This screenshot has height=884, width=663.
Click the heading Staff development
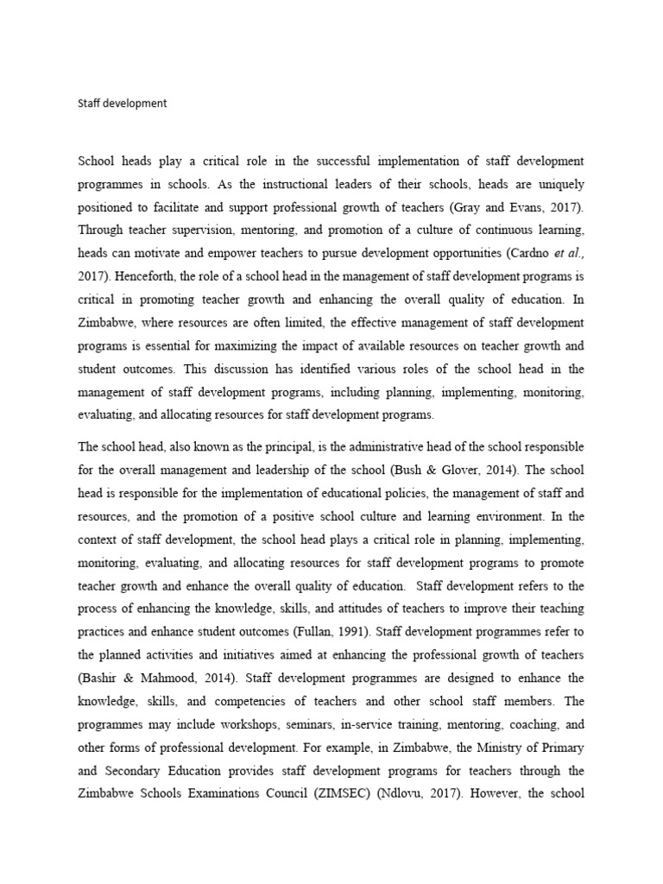(122, 104)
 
